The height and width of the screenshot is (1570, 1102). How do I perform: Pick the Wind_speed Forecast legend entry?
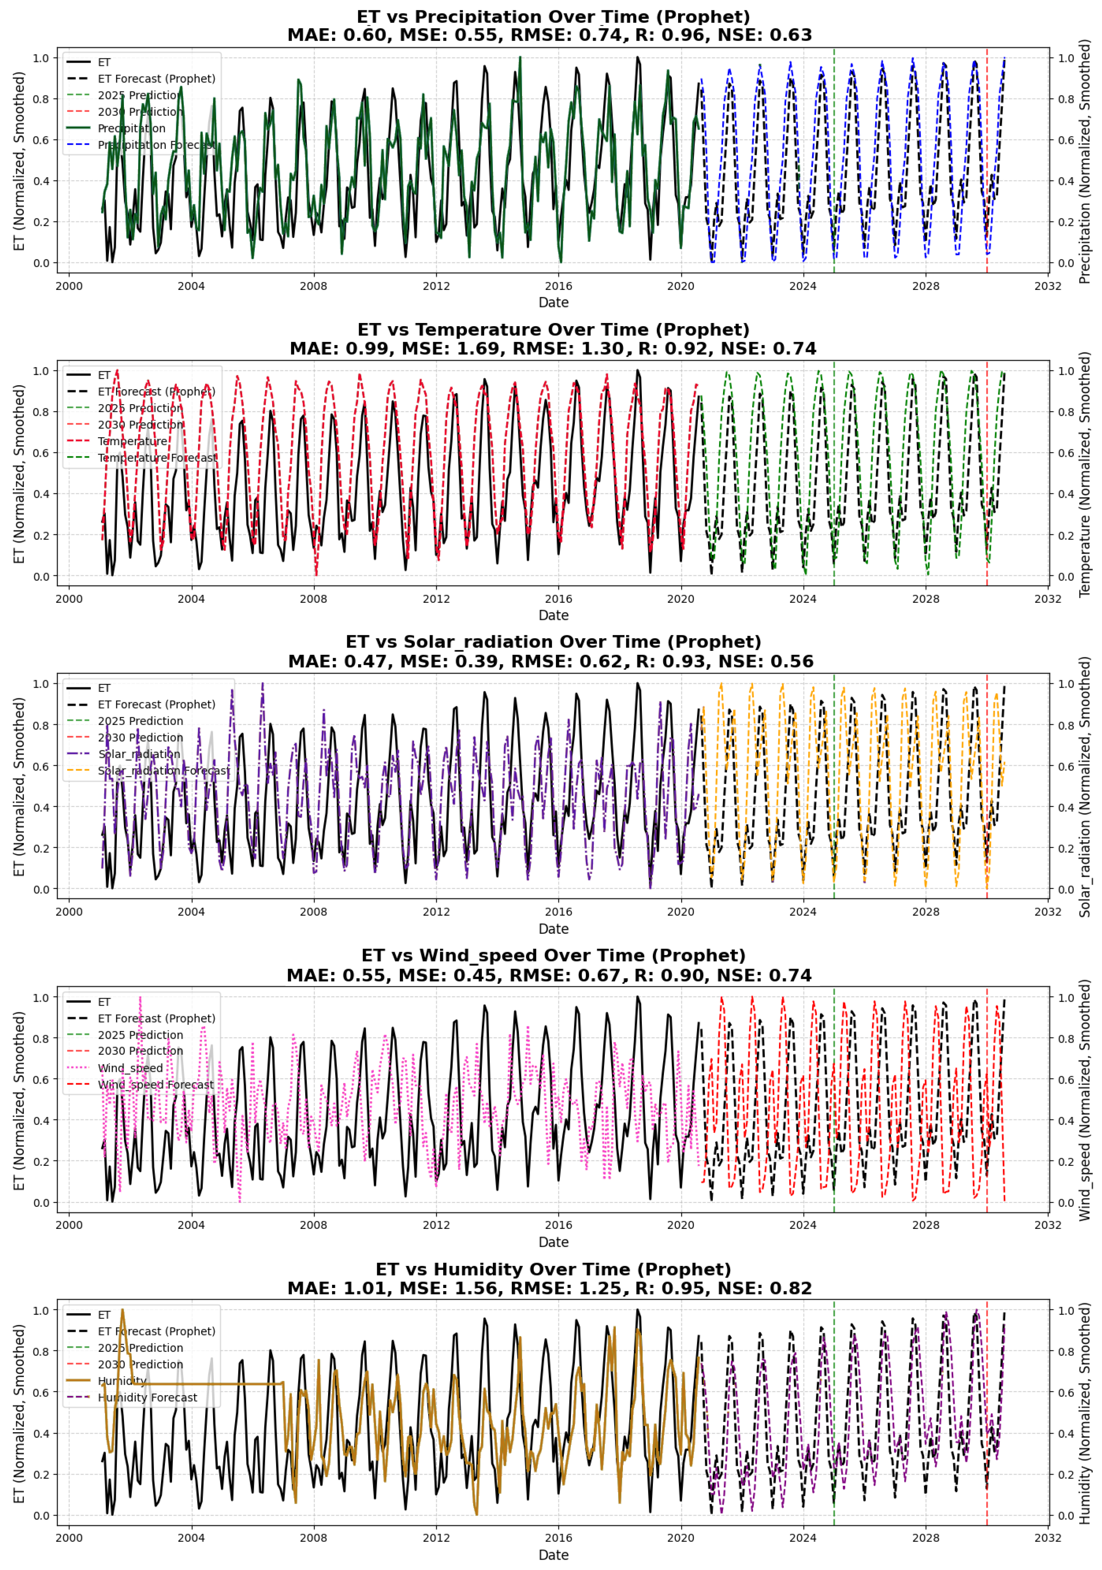(x=155, y=1085)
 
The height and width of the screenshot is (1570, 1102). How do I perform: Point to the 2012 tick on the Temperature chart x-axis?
(x=436, y=599)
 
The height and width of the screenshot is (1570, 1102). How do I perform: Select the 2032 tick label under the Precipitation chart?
(x=1047, y=286)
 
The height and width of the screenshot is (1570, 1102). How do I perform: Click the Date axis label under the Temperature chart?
(x=553, y=615)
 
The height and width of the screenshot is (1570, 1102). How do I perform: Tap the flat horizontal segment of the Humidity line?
(x=205, y=1383)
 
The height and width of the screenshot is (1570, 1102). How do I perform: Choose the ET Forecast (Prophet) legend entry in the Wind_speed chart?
(x=156, y=1018)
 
